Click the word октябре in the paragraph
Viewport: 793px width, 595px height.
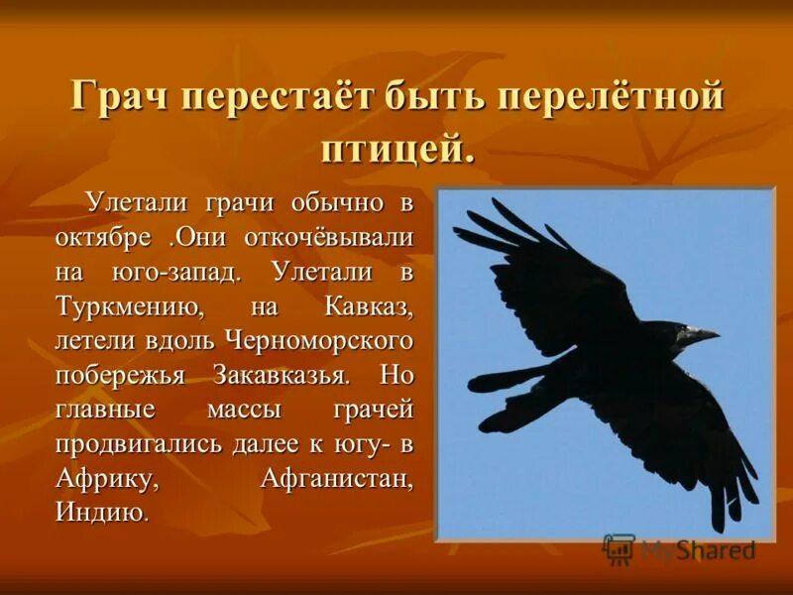(104, 238)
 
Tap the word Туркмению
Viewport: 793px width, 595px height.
(129, 307)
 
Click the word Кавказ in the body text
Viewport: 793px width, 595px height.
(367, 307)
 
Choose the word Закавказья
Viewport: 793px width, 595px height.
(280, 377)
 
